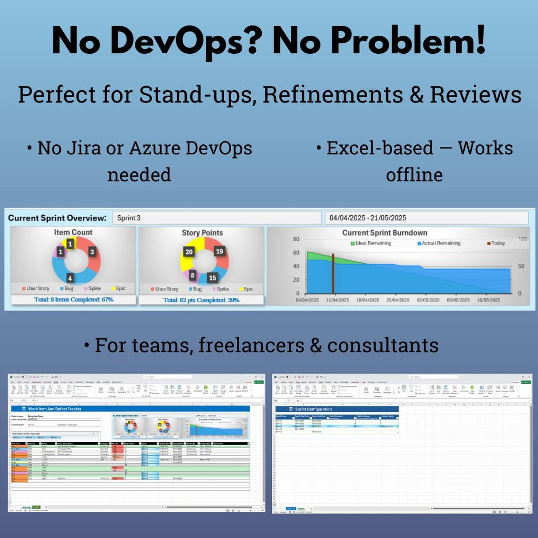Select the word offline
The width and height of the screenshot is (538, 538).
tap(414, 175)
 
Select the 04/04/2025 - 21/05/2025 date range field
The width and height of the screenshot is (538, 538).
tap(426, 218)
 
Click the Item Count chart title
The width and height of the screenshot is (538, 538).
tap(73, 232)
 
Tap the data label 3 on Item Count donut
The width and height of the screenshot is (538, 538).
tap(92, 252)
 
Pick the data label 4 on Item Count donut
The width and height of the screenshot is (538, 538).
tap(70, 278)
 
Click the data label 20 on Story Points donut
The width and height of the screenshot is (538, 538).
tap(189, 252)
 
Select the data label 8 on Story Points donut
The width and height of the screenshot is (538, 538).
tap(193, 275)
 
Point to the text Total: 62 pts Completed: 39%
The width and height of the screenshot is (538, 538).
tap(201, 300)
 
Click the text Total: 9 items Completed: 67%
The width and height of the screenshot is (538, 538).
tap(74, 300)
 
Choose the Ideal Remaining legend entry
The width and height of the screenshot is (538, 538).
tap(370, 244)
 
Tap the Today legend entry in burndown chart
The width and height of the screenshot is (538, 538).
tap(496, 244)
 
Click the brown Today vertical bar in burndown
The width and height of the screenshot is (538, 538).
tap(333, 274)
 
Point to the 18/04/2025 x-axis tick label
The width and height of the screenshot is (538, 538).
tap(367, 300)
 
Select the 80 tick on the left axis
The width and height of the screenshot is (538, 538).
tap(295, 239)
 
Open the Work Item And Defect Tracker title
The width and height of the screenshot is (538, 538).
tap(55, 409)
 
